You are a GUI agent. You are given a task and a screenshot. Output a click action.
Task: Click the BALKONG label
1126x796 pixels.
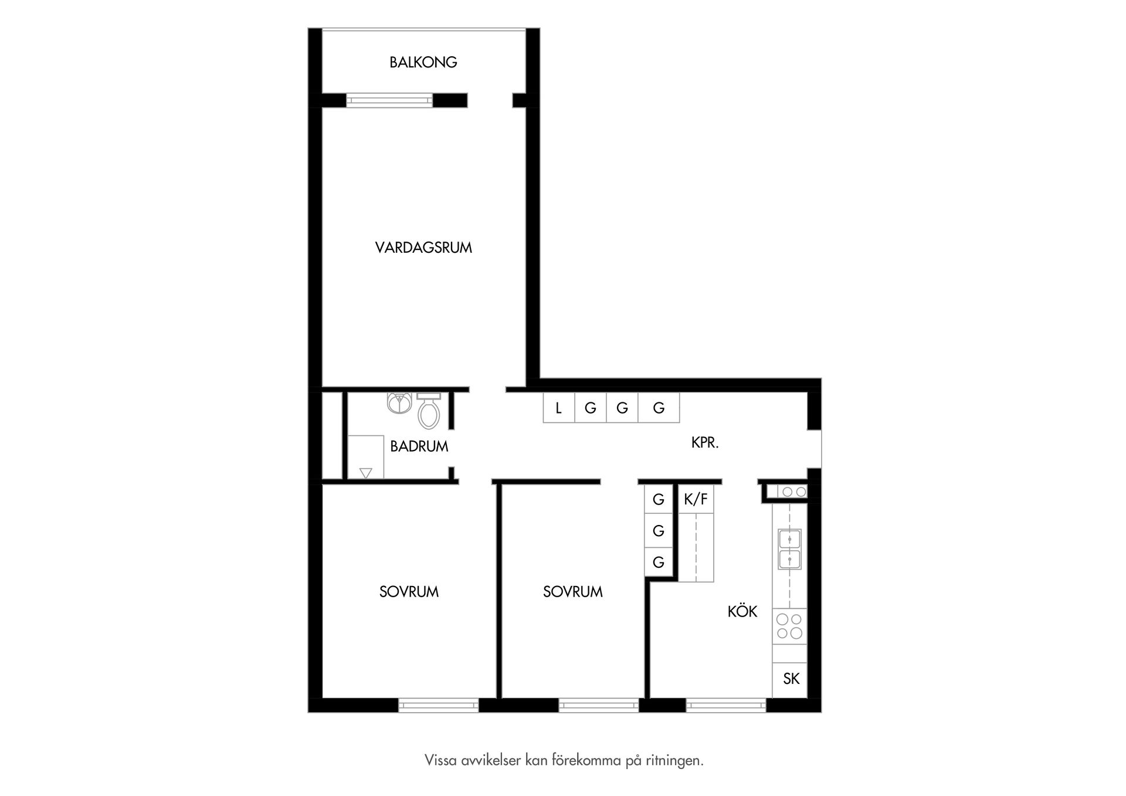[423, 62]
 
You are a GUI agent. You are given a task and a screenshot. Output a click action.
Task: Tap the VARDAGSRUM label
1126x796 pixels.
[423, 248]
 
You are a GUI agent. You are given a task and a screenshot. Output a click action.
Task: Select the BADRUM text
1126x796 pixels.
[419, 446]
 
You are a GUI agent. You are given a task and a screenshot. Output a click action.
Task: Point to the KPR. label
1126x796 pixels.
[705, 443]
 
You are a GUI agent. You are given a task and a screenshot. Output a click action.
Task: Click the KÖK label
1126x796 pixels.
[742, 611]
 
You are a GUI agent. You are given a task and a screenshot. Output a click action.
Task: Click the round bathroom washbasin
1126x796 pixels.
[399, 403]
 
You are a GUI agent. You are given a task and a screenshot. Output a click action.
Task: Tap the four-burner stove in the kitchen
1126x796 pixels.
[789, 626]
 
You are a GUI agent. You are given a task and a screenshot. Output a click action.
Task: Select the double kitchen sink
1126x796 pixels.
[789, 549]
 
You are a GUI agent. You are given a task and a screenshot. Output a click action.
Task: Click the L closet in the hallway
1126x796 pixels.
[559, 408]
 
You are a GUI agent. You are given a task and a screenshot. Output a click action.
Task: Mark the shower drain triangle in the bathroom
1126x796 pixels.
[366, 472]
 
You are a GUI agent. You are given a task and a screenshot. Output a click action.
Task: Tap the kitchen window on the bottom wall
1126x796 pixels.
[726, 705]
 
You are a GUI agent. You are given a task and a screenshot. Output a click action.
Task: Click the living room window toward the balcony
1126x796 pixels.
[389, 100]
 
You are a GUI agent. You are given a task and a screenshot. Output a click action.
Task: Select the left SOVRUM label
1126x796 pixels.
[409, 592]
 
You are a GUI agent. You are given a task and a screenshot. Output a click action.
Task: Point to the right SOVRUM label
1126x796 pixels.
[573, 592]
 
